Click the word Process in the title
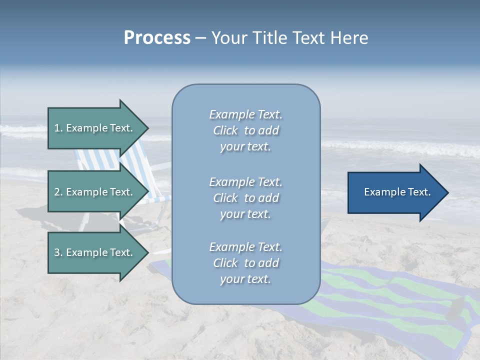click(x=157, y=38)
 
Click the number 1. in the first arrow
click(x=58, y=128)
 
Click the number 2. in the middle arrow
click(x=58, y=192)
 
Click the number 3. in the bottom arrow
click(x=58, y=252)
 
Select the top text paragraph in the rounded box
click(x=245, y=130)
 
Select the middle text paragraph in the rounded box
click(x=245, y=198)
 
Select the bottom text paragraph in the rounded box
click(x=245, y=263)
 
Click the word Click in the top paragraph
click(x=225, y=131)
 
